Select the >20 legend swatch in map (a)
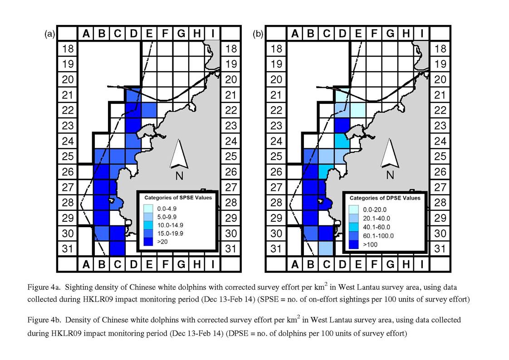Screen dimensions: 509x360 148,241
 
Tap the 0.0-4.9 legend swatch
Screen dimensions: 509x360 148,209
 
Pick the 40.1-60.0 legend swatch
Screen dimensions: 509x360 353,227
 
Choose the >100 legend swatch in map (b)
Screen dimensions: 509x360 353,244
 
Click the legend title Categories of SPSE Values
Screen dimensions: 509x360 178,198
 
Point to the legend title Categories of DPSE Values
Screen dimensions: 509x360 385,198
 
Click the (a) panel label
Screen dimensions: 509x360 50,34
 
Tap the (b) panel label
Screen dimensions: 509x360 258,34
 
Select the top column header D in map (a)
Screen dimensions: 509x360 133,33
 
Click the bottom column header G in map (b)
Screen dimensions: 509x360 390,264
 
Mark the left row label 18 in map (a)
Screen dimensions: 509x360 68,49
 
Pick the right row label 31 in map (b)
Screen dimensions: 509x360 440,248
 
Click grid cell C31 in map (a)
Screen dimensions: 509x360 117,248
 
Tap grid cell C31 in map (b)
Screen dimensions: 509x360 326,248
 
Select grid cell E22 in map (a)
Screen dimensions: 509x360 149,110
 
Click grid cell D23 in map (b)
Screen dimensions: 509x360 342,125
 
